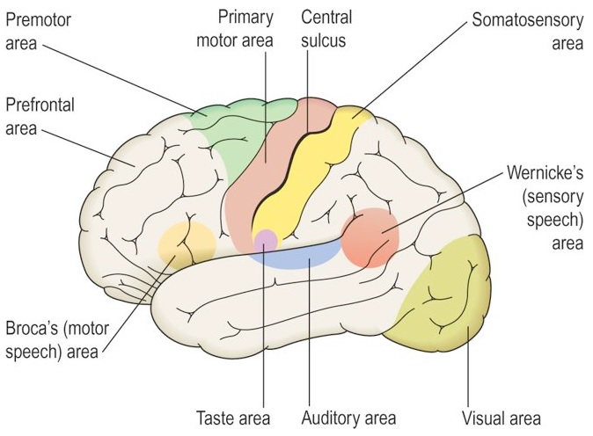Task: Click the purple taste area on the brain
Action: (265, 239)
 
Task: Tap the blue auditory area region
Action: (304, 255)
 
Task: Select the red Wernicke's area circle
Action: (370, 237)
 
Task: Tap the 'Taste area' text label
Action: (232, 418)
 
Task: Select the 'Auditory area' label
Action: (349, 418)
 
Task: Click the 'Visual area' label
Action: (501, 418)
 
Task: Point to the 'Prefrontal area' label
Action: (40, 117)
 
